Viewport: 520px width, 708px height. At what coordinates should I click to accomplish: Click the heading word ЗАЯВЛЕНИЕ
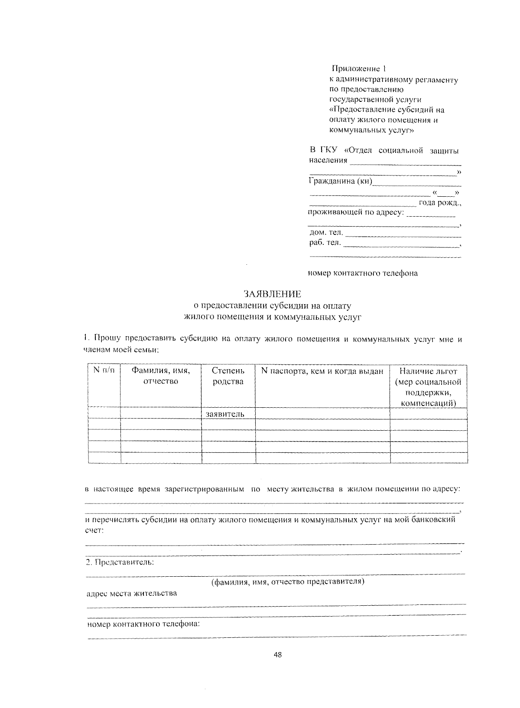[272, 294]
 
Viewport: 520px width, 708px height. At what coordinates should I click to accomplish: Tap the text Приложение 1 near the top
[358, 69]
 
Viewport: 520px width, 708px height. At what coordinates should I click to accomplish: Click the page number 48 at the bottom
[278, 655]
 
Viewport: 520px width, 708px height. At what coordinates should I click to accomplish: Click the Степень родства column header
[228, 376]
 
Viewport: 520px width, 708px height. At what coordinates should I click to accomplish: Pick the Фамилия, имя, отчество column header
[161, 376]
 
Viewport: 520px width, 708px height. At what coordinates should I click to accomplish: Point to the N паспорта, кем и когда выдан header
[322, 371]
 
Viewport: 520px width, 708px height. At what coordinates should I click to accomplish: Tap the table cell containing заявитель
[225, 414]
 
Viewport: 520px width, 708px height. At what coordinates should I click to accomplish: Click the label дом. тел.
[326, 233]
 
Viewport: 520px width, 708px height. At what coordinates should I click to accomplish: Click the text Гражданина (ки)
[340, 181]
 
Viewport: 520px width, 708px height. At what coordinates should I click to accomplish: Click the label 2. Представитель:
[120, 562]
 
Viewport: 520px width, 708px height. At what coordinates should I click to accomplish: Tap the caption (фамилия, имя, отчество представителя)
[288, 581]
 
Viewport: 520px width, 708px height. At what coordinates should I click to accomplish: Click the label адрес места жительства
[132, 593]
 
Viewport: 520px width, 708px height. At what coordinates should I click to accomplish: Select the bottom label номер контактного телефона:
[143, 624]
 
